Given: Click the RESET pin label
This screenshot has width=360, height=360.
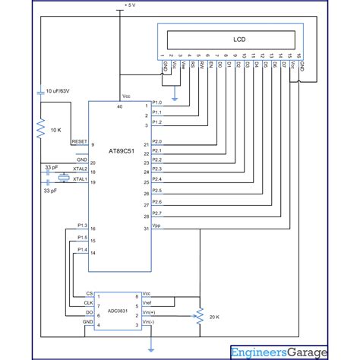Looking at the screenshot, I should pyautogui.click(x=78, y=141).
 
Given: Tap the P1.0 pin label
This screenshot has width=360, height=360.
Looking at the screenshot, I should pyautogui.click(x=157, y=102).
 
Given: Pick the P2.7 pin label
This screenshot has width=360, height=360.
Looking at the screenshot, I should pyautogui.click(x=156, y=214).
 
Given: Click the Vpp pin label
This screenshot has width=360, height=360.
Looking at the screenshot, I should pyautogui.click(x=156, y=226).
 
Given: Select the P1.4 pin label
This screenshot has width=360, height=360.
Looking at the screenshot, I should pyautogui.click(x=82, y=249).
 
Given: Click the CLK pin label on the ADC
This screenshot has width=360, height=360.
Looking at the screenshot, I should pyautogui.click(x=88, y=302).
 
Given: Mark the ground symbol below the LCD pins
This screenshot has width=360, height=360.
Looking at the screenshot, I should pyautogui.click(x=175, y=98).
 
